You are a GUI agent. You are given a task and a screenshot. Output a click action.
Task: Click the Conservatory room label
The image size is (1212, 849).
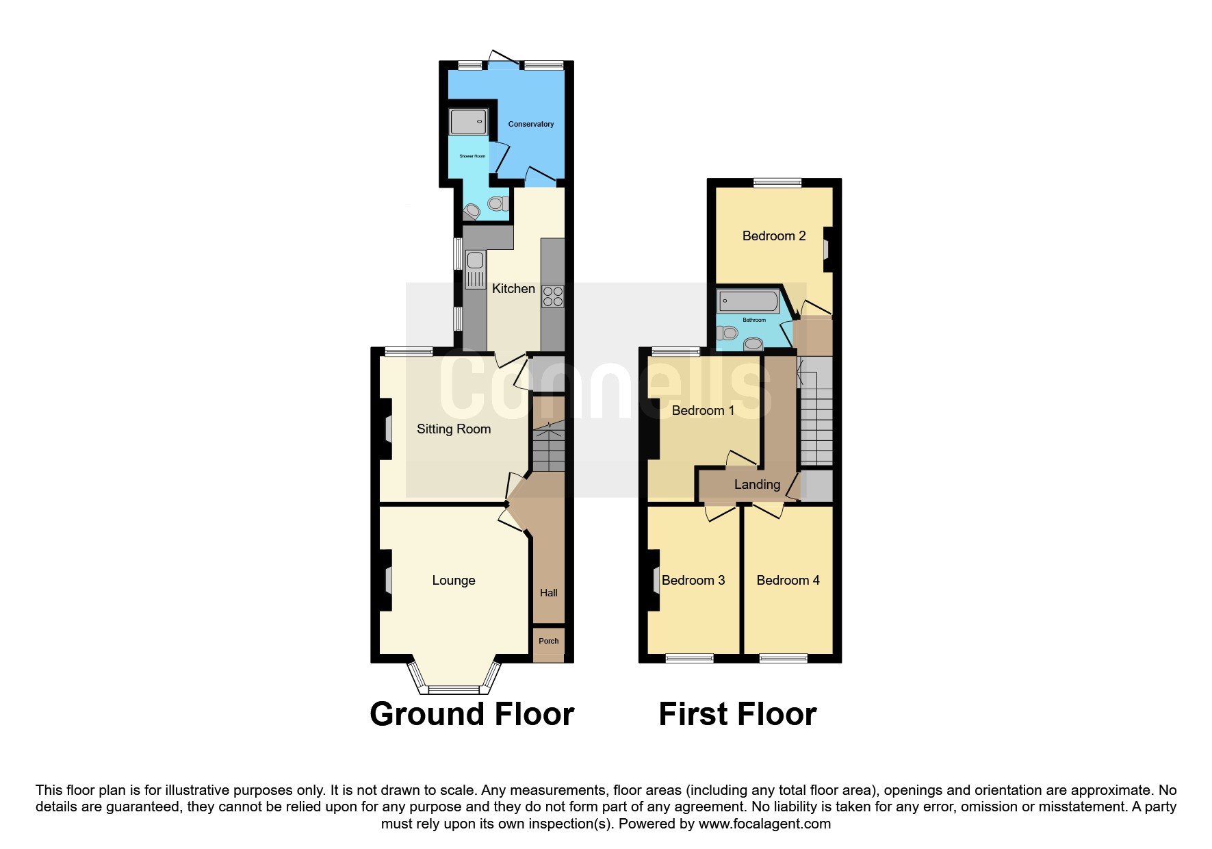[x=530, y=124]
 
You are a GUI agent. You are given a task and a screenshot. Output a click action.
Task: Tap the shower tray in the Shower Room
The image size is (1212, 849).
[x=468, y=122]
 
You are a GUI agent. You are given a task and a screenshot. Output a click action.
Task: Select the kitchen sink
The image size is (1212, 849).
[x=475, y=270]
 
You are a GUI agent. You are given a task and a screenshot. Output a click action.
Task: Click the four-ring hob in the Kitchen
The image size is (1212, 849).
[x=553, y=296]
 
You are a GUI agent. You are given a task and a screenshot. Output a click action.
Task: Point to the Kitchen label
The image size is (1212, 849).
[x=513, y=289]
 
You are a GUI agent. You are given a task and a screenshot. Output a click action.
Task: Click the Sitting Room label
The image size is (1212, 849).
[x=454, y=429]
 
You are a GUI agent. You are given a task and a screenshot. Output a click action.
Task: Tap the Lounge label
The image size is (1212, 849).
[x=454, y=581]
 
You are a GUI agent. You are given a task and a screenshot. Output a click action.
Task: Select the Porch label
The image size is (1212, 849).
[x=548, y=642]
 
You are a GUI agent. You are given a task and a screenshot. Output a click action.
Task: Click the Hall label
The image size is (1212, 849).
[x=548, y=593]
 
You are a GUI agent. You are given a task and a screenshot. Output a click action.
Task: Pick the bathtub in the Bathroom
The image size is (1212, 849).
[x=748, y=301]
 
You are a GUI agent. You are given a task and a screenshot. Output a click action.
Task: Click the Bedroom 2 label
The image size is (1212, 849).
[x=774, y=236]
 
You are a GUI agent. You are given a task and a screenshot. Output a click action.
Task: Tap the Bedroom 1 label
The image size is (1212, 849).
[x=703, y=411]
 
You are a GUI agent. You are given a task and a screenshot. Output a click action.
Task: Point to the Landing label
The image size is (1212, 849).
[x=757, y=485]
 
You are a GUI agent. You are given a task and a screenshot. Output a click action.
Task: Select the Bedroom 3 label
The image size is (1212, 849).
[x=693, y=581]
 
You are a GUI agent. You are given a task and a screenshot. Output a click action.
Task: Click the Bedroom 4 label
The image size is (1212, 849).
[x=788, y=581]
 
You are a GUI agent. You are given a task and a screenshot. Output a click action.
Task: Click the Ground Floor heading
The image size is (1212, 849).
[x=472, y=714]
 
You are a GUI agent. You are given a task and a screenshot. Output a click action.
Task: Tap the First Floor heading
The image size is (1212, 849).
[x=738, y=714]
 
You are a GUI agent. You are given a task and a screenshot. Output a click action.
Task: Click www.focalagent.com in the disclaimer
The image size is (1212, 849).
[x=764, y=824]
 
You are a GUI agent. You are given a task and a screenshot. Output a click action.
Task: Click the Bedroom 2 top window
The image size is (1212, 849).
[x=777, y=183]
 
